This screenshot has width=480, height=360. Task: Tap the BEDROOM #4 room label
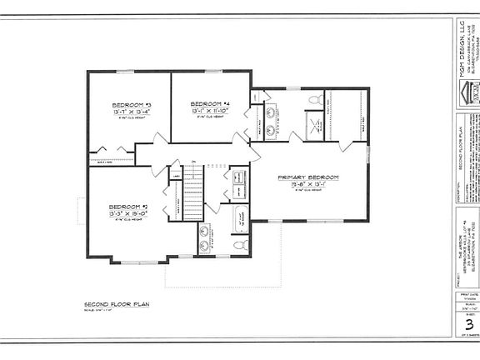202,103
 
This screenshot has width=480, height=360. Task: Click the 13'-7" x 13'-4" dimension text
130,111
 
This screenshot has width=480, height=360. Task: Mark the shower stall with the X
314,130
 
